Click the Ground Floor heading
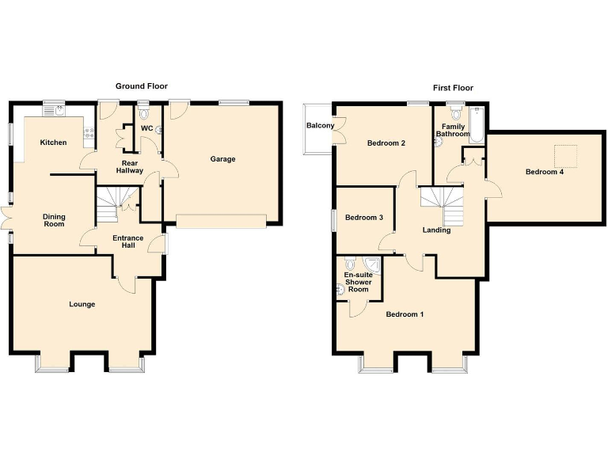click(x=142, y=86)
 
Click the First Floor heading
click(x=453, y=88)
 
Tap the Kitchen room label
click(x=54, y=142)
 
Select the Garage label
click(x=222, y=159)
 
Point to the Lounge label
click(x=82, y=304)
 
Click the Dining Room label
click(x=54, y=220)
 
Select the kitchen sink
click(x=59, y=112)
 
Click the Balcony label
click(x=320, y=126)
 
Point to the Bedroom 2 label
click(x=386, y=143)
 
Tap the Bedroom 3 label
click(x=364, y=218)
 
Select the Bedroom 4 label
click(x=544, y=172)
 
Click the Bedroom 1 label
click(x=405, y=314)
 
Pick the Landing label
click(x=436, y=230)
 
